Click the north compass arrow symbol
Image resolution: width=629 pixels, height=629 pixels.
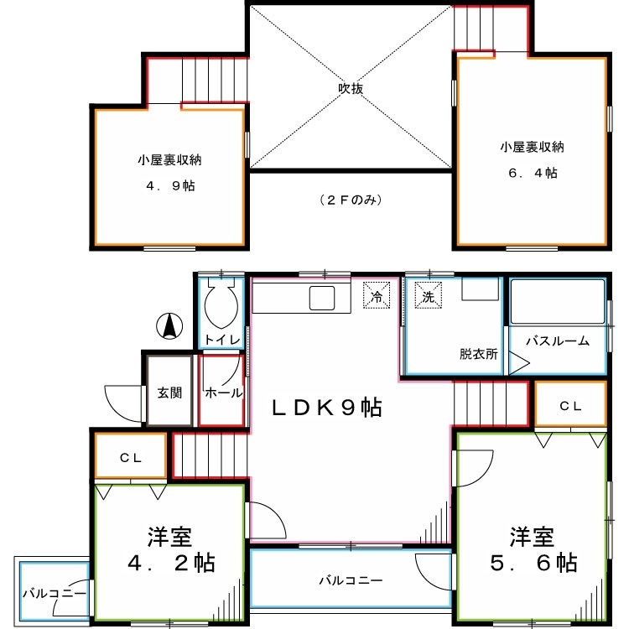point(169,325)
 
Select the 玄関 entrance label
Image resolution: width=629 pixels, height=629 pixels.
point(170,392)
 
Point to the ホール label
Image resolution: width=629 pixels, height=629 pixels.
point(223,392)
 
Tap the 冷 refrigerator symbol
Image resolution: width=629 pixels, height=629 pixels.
point(377,296)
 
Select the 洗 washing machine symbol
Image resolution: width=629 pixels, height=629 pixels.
point(428,296)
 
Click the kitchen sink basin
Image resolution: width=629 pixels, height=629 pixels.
point(321,297)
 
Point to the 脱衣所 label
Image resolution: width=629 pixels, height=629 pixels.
point(479,353)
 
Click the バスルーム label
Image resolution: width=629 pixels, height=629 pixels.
point(558,340)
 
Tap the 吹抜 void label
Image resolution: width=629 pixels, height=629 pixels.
point(350,89)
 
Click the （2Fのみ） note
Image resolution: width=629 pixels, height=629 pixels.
point(350,200)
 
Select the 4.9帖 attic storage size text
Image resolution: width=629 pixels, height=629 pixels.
point(170,185)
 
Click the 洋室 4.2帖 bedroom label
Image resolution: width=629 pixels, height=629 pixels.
point(171,548)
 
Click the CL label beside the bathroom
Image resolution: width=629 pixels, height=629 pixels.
point(570,406)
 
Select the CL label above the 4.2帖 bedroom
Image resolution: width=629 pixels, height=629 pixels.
point(130,458)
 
